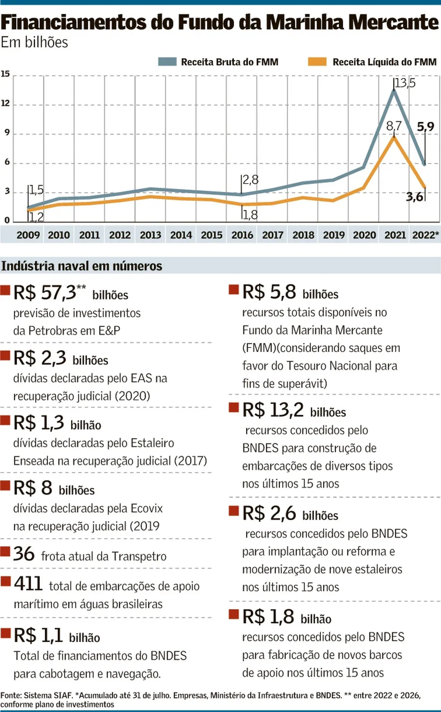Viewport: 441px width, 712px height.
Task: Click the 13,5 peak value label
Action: point(406,83)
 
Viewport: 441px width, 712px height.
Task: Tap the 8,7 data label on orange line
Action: point(393,126)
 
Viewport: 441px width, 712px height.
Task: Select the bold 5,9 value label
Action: point(425,127)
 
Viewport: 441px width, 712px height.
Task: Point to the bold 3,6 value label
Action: point(415,197)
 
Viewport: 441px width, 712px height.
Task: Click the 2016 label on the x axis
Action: point(242,235)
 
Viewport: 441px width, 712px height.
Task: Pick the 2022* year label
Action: point(425,235)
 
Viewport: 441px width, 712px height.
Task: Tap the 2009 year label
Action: point(28,235)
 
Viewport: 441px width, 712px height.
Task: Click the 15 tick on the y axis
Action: point(5,74)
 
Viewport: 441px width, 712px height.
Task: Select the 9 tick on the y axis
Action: point(7,133)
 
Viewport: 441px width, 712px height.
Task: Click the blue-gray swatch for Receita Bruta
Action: point(167,62)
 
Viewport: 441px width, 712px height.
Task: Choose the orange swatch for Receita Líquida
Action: point(317,62)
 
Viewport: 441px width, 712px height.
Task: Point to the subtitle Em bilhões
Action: point(35,42)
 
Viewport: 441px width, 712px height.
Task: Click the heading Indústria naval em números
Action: point(82,266)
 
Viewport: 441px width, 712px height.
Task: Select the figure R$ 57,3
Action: point(45,293)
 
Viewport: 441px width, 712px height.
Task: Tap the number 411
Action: point(28,584)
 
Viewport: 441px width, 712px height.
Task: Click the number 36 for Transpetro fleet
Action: point(24,554)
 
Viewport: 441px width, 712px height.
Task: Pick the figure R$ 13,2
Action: point(273,410)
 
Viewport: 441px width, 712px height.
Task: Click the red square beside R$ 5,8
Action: point(233,289)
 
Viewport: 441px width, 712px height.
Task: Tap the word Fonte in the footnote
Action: point(11,695)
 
